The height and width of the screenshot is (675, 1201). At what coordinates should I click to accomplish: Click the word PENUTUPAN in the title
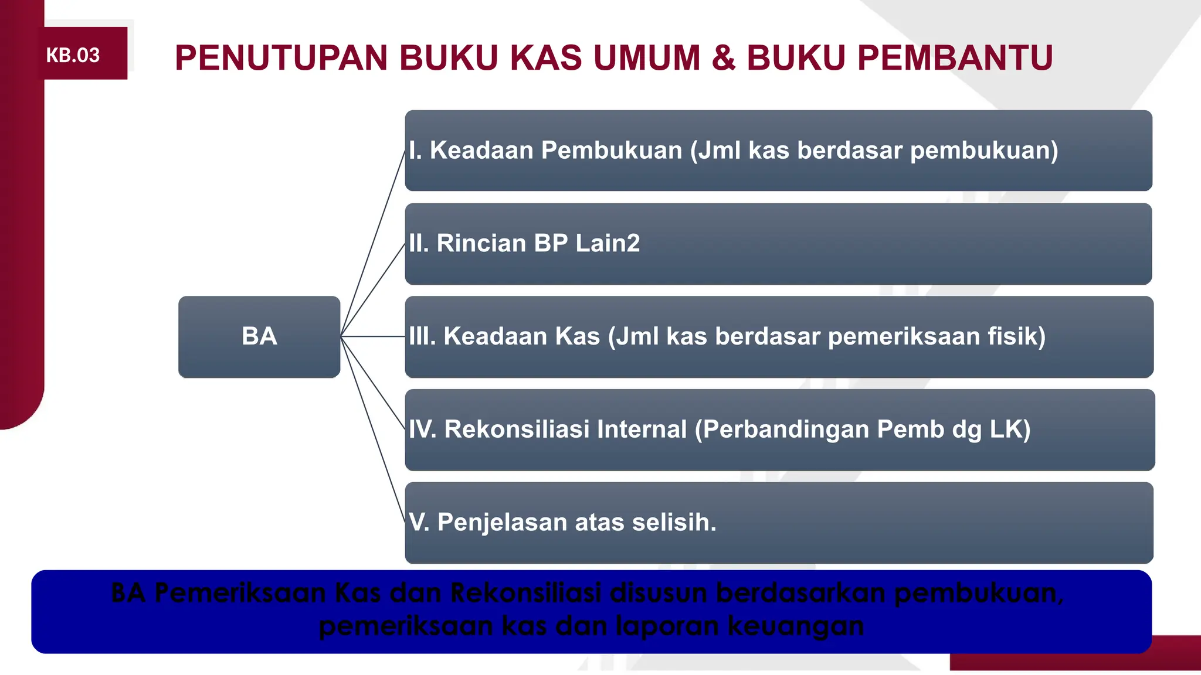(x=281, y=58)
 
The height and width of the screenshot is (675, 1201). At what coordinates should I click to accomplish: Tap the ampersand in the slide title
(x=723, y=58)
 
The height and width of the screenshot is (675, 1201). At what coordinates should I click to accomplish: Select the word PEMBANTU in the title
(x=955, y=58)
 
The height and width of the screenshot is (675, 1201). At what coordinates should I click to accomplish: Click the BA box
(x=259, y=337)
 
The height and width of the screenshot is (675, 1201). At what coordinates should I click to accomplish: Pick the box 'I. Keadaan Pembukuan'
(x=778, y=151)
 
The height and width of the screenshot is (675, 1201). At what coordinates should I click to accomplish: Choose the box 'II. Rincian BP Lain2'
(x=778, y=244)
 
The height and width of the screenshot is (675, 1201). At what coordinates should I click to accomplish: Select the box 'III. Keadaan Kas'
(x=778, y=337)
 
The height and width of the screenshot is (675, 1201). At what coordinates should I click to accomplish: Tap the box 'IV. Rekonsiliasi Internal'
(x=778, y=429)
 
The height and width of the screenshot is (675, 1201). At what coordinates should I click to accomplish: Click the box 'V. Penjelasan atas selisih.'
(x=778, y=523)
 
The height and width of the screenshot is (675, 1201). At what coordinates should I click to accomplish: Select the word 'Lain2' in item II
(x=608, y=243)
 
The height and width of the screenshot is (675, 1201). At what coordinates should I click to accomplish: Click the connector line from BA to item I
(x=372, y=243)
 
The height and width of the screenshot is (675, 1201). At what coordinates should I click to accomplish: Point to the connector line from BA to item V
(x=372, y=429)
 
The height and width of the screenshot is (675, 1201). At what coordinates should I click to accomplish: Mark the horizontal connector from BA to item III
(x=372, y=336)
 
